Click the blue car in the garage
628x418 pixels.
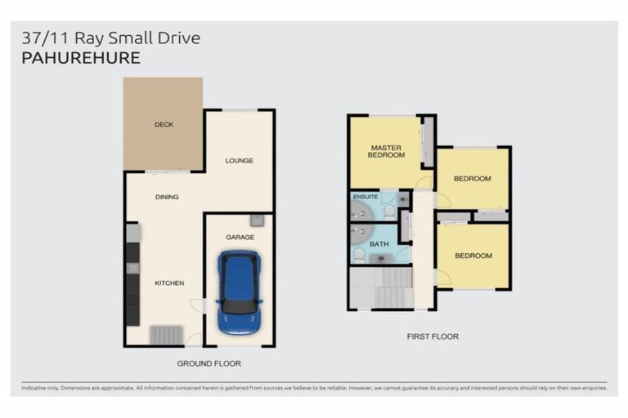tap(239, 292)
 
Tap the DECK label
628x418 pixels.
tap(164, 124)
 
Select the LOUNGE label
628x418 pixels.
tap(239, 160)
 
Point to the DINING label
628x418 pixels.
tap(167, 197)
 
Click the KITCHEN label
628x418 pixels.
tap(169, 282)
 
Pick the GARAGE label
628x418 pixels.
tap(240, 238)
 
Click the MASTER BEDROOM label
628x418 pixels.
tap(386, 151)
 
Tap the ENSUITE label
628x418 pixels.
tap(366, 197)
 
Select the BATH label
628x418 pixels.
tap(379, 244)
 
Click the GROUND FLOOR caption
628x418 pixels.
tap(209, 363)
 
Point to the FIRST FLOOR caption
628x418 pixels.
tap(433, 336)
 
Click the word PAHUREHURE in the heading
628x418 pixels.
tap(81, 58)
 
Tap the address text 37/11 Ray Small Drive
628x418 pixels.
tap(111, 38)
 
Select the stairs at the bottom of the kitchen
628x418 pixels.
tap(167, 336)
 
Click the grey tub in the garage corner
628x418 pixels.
tap(257, 220)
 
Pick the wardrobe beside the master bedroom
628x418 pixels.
tap(428, 141)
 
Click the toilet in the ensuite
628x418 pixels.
tap(389, 212)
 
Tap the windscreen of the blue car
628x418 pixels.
tap(239, 306)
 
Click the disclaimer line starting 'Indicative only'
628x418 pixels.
tap(314, 388)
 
